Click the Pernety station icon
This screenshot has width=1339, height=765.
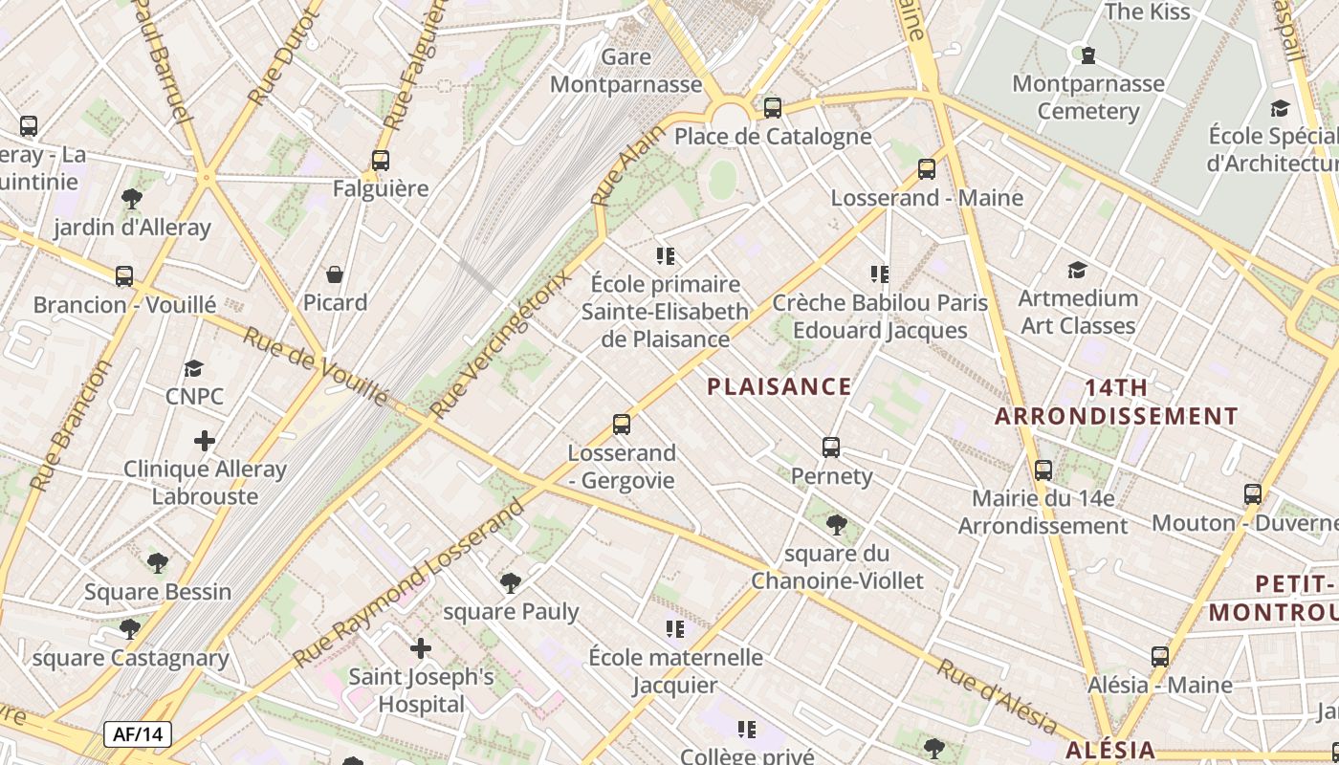831,447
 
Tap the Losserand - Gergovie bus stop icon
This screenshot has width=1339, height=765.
622,424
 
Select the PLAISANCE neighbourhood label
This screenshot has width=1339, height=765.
779,386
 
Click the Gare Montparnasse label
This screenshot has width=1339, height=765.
626,71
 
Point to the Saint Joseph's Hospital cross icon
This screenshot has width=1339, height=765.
421,648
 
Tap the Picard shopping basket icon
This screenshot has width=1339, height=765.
335,274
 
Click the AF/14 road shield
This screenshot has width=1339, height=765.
138,734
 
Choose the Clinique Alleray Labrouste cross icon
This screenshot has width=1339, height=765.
205,441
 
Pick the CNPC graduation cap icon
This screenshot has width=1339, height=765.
194,368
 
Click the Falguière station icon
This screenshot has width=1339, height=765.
381,160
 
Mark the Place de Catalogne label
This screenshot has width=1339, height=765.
773,136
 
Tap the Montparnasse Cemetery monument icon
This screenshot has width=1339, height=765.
1087,55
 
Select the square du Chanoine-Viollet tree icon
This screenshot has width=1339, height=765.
837,524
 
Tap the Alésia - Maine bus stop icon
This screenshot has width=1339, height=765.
1160,657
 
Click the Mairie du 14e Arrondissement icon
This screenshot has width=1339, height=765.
1043,470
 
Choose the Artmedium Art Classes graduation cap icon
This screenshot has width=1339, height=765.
1078,270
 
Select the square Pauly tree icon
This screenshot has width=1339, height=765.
511,582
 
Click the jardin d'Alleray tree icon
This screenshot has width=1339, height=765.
132,199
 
